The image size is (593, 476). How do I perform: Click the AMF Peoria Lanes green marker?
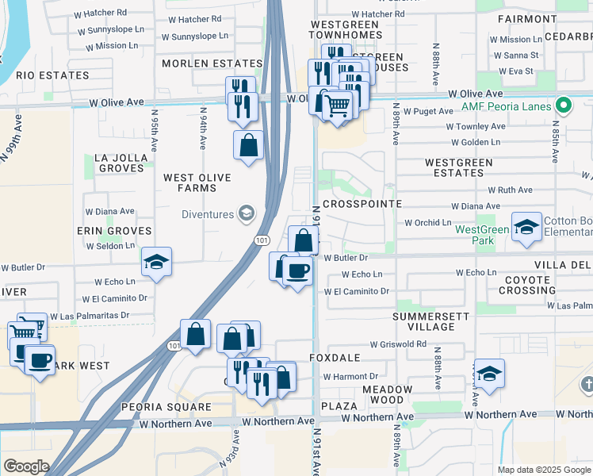click(x=564, y=105)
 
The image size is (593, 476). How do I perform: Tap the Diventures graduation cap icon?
click(x=247, y=213)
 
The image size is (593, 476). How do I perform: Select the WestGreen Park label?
click(x=482, y=234)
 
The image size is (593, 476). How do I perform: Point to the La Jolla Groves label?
click(x=121, y=163)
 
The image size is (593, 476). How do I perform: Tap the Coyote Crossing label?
click(x=528, y=285)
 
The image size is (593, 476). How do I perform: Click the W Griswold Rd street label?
click(x=400, y=344)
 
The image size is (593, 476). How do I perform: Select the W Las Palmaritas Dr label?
click(x=89, y=316)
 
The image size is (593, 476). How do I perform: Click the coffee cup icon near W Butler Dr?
click(x=297, y=271)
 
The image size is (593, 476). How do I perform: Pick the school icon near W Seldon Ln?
click(x=157, y=263)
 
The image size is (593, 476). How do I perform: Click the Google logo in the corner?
click(x=26, y=466)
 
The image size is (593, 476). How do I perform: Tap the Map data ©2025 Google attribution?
click(x=543, y=470)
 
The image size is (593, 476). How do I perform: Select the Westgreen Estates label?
click(x=459, y=167)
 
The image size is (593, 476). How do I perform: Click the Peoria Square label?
click(x=166, y=407)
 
